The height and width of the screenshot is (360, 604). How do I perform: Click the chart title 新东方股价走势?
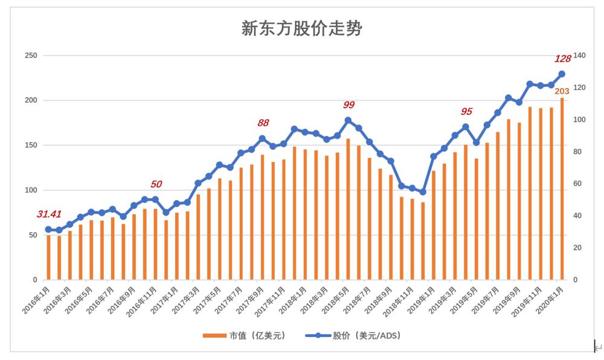tap(301, 28)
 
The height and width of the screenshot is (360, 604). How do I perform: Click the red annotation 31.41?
tap(50, 214)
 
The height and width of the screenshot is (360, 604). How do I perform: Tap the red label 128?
tap(562, 59)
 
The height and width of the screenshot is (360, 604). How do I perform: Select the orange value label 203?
tap(562, 91)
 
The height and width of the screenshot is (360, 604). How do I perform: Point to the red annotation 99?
tap(349, 105)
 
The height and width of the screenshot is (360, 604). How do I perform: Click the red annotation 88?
tap(263, 123)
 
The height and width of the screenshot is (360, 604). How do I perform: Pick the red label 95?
tap(466, 111)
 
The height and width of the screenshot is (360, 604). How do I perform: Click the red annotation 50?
tap(156, 184)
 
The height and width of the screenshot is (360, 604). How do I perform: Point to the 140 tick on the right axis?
tap(579, 56)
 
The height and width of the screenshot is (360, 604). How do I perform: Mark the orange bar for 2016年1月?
tap(48, 257)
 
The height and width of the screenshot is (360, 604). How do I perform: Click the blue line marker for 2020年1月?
tap(562, 74)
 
